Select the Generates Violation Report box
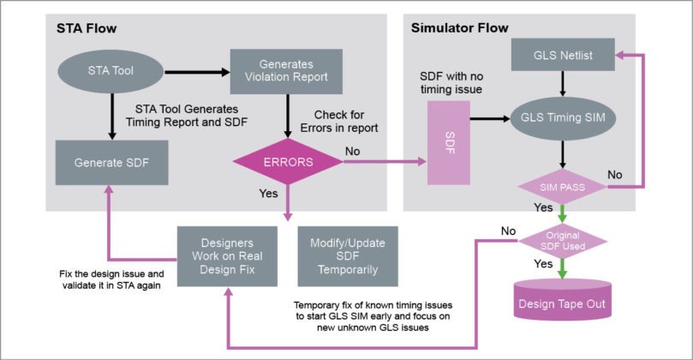pos(285,73)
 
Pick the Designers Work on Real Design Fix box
pos(227,255)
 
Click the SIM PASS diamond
pos(561,185)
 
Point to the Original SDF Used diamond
pos(561,241)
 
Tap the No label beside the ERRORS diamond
pos(353,150)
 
